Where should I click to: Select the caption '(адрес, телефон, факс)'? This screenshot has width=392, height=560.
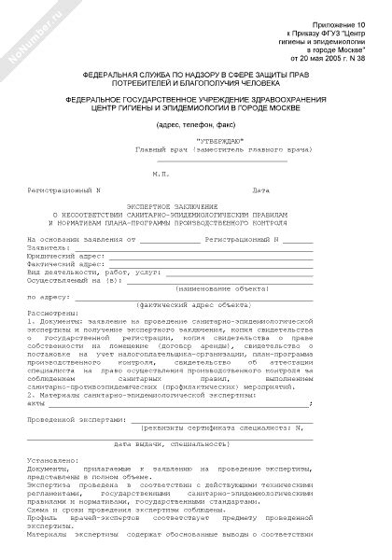pyautogui.click(x=195, y=124)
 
